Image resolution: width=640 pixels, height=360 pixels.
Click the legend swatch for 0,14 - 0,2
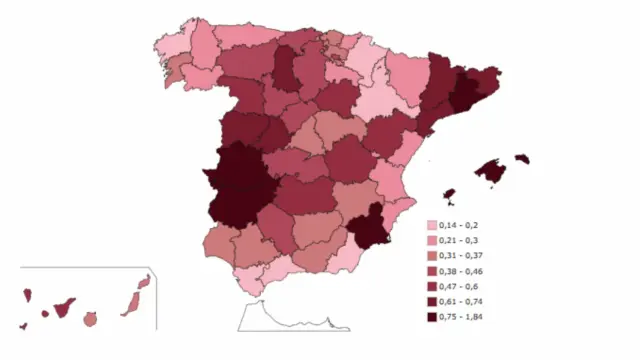432,226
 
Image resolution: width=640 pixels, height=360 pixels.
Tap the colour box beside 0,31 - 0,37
432,256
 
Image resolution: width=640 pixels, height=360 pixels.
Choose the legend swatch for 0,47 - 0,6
432,286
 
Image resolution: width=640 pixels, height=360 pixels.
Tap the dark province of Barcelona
465,93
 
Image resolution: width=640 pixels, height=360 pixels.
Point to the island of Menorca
521,158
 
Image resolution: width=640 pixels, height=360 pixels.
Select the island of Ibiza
449,195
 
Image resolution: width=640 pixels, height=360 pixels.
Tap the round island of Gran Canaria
90,319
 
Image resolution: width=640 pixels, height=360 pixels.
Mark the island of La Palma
28,295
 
